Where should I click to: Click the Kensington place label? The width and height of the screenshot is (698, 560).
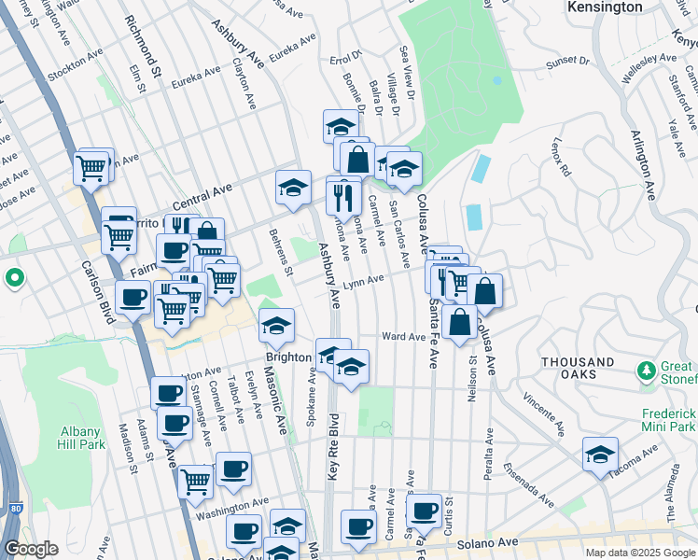click(605, 7)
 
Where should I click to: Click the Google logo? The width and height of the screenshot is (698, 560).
click(31, 549)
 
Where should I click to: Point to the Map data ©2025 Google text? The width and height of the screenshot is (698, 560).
click(640, 553)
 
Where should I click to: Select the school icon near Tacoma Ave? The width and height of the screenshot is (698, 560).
click(600, 455)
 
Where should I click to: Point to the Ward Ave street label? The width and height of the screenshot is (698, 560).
click(403, 336)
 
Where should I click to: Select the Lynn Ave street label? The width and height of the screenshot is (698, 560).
click(363, 282)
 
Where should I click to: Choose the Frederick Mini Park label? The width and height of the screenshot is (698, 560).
click(669, 419)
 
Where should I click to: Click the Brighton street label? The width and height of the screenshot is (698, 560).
click(287, 357)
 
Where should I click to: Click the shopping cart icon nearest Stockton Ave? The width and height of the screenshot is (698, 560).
click(91, 168)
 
